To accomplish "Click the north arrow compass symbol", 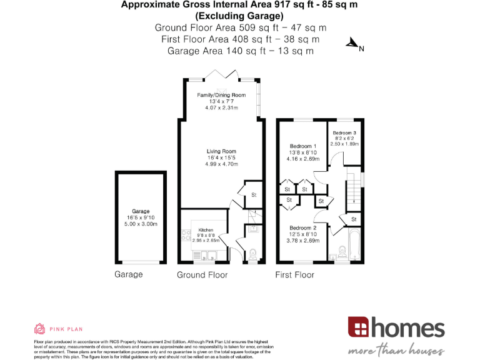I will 354,44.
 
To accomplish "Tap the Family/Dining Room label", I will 221,95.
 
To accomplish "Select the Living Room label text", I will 221,151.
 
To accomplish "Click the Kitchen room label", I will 206,230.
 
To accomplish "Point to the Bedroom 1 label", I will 303,146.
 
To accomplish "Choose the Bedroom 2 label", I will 303,227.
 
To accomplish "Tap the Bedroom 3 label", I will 344,133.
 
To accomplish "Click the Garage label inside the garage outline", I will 141,211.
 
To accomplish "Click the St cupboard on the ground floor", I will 254,195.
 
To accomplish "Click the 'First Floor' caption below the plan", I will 294,274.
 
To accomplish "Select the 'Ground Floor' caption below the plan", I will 202,274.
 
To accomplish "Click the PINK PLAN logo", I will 57,329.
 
